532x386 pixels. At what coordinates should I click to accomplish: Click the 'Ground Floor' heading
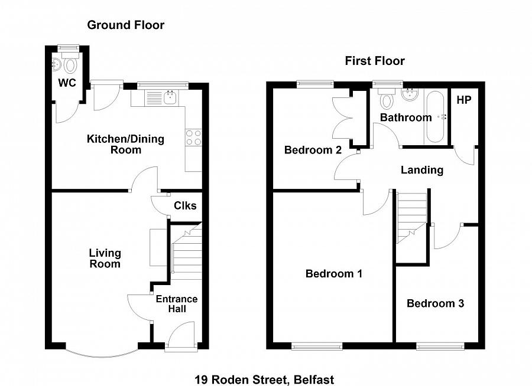[125, 25]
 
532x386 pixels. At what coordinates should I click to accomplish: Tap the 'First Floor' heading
[375, 61]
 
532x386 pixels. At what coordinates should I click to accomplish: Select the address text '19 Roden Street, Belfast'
[265, 380]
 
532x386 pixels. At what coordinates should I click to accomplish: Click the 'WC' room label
[67, 83]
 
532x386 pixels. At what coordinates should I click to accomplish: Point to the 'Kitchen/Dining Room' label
[125, 145]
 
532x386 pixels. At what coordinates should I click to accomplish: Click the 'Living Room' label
[105, 259]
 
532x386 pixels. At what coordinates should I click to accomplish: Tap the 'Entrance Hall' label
[177, 304]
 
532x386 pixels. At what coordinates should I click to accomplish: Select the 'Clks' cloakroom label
[185, 205]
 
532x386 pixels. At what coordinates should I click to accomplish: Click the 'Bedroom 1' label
[333, 274]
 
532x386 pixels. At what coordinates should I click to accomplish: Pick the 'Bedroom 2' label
[313, 150]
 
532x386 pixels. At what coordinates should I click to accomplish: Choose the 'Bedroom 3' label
[435, 303]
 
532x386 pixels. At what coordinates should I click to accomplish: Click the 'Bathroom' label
[406, 117]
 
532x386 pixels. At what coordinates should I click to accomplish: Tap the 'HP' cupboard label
[463, 100]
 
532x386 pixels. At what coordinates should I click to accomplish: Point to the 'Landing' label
[421, 170]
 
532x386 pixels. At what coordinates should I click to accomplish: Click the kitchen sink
[170, 96]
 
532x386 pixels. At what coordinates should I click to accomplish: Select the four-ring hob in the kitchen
[193, 138]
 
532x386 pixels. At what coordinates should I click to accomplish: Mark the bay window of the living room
[101, 352]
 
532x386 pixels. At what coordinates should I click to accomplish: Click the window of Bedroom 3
[439, 346]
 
